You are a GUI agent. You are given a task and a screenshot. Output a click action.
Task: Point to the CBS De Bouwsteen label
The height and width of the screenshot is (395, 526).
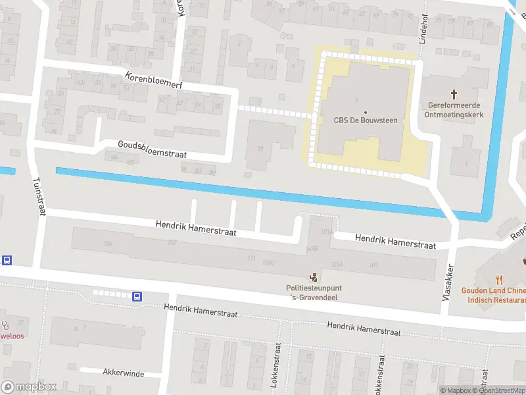(x=366, y=120)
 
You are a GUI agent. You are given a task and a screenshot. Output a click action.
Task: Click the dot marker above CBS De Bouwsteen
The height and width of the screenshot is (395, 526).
(x=366, y=112)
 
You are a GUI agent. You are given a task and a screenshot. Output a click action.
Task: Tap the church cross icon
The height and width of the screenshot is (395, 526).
(x=454, y=95)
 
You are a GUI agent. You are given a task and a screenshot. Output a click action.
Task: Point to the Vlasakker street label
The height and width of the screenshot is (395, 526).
(x=448, y=279)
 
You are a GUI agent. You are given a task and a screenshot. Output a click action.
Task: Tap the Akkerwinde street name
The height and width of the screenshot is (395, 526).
(x=123, y=373)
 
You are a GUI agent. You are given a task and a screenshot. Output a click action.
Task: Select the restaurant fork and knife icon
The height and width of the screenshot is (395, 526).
(x=499, y=278)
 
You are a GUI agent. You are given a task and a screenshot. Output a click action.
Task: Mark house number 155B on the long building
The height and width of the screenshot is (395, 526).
(x=268, y=262)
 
